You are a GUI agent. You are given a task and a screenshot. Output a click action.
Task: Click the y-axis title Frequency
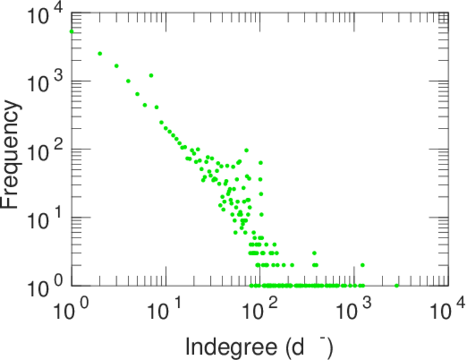(12, 154)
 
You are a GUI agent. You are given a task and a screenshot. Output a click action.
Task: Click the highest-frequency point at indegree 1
(72, 31)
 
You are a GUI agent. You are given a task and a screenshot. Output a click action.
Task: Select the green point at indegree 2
(100, 53)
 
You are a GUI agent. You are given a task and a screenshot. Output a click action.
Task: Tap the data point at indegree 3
(116, 66)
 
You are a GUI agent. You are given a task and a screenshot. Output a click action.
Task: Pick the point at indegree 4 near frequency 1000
(128, 81)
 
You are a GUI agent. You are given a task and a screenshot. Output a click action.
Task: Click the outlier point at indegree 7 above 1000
(151, 76)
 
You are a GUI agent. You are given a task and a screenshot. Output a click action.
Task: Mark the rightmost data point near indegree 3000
(397, 285)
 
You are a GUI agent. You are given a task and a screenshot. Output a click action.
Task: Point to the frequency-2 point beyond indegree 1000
(362, 265)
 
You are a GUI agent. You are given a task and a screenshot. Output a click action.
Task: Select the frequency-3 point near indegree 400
(314, 253)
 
